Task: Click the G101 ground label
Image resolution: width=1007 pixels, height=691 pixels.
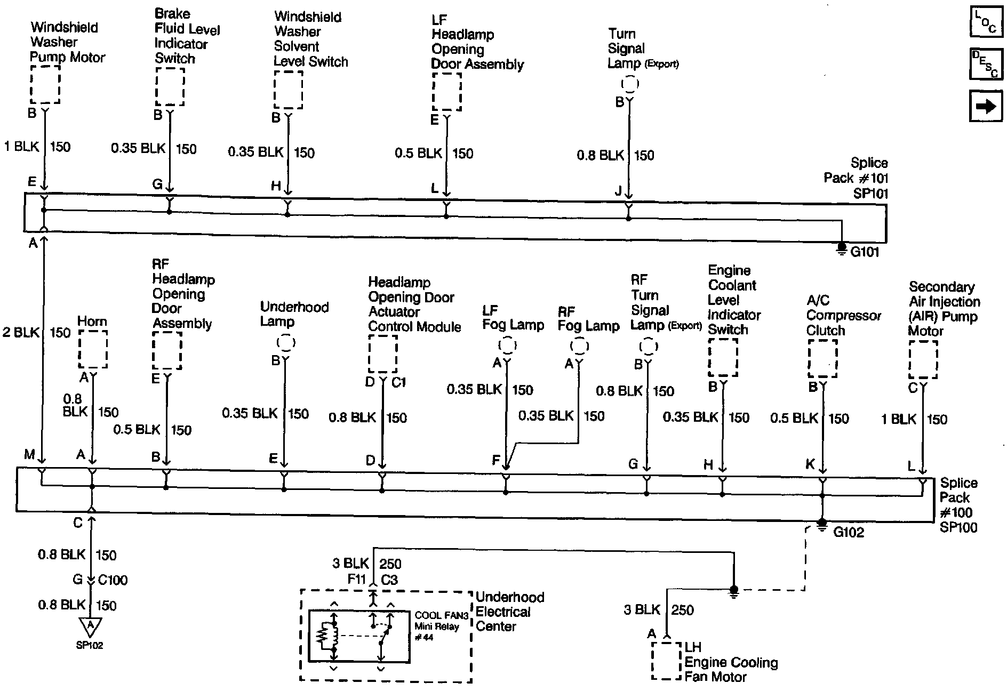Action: coord(865,252)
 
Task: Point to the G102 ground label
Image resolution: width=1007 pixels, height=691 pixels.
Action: coord(849,532)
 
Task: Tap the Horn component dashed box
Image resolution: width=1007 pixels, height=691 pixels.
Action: coord(93,349)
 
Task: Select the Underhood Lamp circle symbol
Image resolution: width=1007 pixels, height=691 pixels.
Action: coord(286,342)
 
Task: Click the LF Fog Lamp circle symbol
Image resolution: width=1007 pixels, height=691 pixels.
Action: coord(507,345)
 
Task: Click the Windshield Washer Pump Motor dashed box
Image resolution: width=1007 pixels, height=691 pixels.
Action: coord(45,84)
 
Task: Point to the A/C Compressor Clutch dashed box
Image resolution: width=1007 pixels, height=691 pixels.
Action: coord(822,358)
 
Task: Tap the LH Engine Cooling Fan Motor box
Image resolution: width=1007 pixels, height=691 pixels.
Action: coord(666,661)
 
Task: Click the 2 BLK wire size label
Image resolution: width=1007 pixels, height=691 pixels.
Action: coord(21,332)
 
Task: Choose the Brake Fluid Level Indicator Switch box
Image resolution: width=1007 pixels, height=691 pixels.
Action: coord(170,87)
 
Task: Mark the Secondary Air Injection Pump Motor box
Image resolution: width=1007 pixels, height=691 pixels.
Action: coord(923,360)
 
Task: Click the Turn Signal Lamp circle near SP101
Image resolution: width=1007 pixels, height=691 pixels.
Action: coord(630,84)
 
